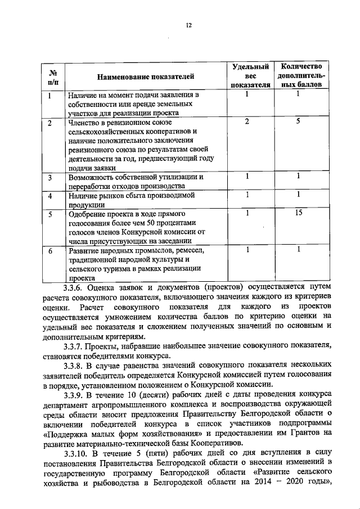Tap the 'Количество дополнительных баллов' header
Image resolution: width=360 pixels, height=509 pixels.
tap(299, 76)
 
